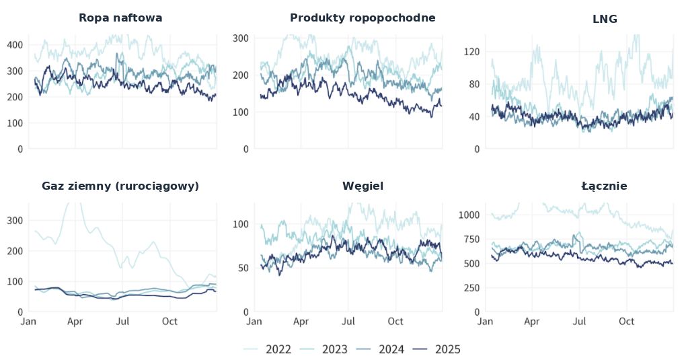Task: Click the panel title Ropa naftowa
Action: pyautogui.click(x=120, y=18)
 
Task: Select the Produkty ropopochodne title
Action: pyautogui.click(x=363, y=18)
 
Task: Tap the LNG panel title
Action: pyautogui.click(x=605, y=20)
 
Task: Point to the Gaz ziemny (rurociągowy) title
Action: pyautogui.click(x=120, y=186)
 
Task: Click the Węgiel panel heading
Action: pyautogui.click(x=363, y=186)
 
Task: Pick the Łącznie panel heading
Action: pyautogui.click(x=605, y=186)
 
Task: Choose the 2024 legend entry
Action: pyautogui.click(x=381, y=349)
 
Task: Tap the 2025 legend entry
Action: pyautogui.click(x=437, y=349)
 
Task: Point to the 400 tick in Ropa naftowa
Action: pyautogui.click(x=15, y=45)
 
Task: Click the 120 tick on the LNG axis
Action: pyautogui.click(x=471, y=52)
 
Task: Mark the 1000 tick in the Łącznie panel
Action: pyautogui.click(x=468, y=215)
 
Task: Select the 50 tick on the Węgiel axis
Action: pyautogui.click(x=242, y=268)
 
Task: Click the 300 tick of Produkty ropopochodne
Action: pyautogui.click(x=241, y=38)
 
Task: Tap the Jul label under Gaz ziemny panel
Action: pyautogui.click(x=122, y=322)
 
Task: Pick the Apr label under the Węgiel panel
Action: pyautogui.click(x=301, y=322)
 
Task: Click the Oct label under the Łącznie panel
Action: pyautogui.click(x=627, y=322)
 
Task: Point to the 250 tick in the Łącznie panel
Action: pyautogui.click(x=471, y=288)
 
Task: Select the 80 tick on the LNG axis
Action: pyautogui.click(x=474, y=84)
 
